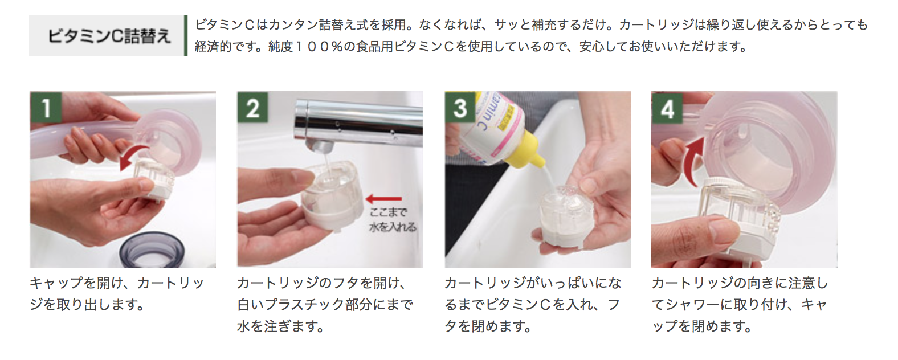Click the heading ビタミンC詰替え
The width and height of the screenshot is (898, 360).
pyautogui.click(x=108, y=36)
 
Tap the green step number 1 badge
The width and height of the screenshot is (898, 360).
pyautogui.click(x=46, y=107)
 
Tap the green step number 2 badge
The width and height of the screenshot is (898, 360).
pyautogui.click(x=253, y=107)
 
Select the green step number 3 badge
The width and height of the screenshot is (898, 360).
pyautogui.click(x=460, y=107)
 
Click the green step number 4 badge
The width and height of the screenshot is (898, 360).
pyautogui.click(x=667, y=107)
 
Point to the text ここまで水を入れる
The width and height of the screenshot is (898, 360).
pyautogui.click(x=393, y=220)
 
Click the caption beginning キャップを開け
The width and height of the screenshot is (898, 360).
pyautogui.click(x=117, y=294)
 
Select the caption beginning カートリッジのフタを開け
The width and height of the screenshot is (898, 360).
pyautogui.click(x=325, y=305)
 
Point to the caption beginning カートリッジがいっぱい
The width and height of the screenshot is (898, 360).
pyautogui.click(x=533, y=305)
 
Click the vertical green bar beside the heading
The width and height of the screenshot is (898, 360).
pyautogui.click(x=186, y=35)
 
